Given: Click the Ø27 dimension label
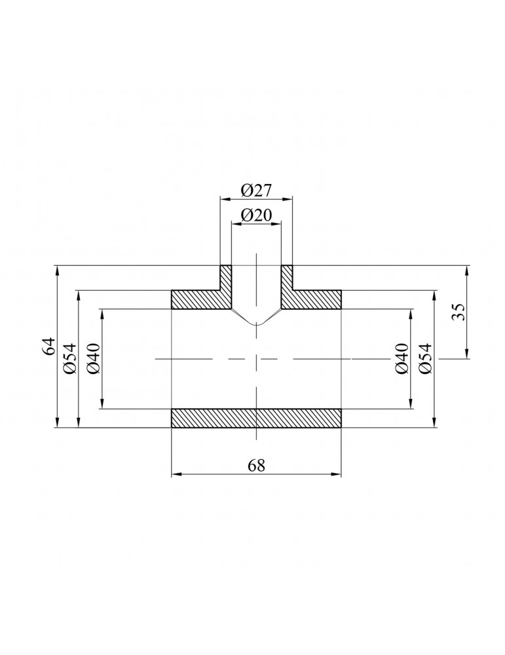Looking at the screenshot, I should point(256,191).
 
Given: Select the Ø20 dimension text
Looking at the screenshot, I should point(256,215).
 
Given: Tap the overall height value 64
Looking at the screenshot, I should point(48,346).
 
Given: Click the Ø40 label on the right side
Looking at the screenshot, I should point(402,359).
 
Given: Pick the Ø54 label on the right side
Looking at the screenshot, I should point(426,359).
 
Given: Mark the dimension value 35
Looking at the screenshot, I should point(458,312).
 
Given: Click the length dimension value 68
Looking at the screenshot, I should point(256,465).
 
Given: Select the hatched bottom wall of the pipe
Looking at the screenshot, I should point(256,419).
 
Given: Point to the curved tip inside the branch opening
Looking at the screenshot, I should point(257,324).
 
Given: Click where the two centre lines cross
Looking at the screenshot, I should point(257,359).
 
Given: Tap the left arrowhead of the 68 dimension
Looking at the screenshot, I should point(174,475).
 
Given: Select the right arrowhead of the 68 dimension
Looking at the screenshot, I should point(339,475).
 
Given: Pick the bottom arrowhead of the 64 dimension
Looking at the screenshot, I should point(58,424).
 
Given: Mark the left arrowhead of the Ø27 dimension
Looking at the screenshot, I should point(223,199).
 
